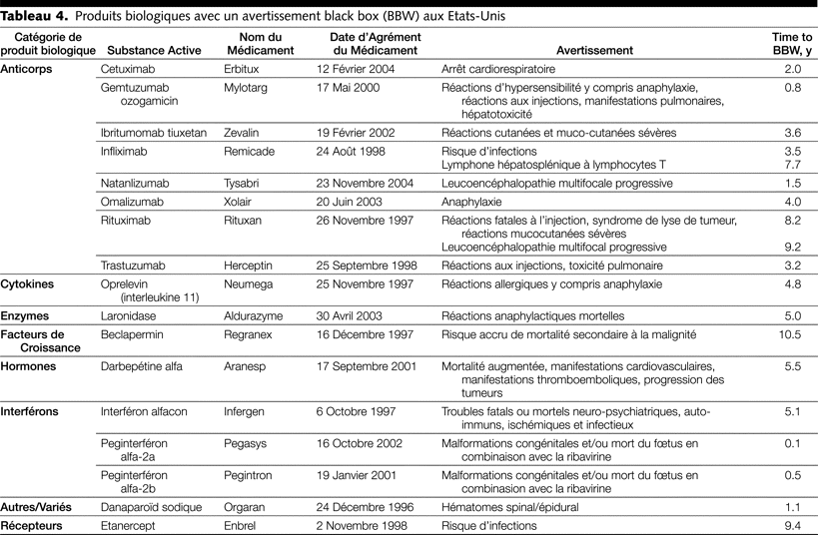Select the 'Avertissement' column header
tap(594, 50)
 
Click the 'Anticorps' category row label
tap(28, 69)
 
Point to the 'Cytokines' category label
tap(28, 283)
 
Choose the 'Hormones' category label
tap(29, 366)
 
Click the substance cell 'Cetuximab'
tap(130, 69)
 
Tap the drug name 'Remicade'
tap(251, 152)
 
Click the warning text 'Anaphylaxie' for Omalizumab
tap(473, 203)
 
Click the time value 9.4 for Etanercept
tap(793, 525)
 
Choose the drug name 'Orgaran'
tap(246, 506)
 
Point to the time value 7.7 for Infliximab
tap(793, 164)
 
